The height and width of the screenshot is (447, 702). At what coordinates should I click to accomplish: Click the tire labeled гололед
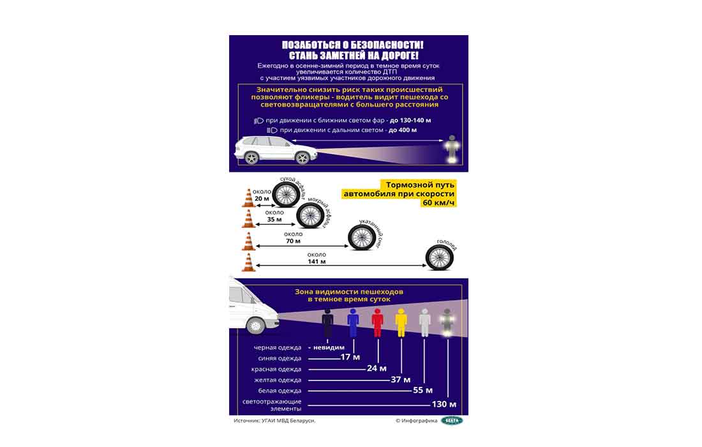tap(439, 257)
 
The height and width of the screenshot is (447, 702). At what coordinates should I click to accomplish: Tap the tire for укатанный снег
tap(361, 237)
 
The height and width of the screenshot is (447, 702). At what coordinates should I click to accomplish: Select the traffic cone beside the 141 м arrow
tap(248, 262)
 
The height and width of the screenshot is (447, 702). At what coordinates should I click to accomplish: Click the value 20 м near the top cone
tap(262, 199)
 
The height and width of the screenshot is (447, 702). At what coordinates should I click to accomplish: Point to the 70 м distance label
tap(293, 241)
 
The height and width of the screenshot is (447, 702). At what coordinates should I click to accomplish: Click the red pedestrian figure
tap(377, 323)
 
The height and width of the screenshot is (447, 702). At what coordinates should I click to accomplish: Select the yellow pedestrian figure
tap(401, 323)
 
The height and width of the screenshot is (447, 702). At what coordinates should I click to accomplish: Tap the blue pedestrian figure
tap(353, 323)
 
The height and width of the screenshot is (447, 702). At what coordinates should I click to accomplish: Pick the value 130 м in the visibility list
tap(444, 404)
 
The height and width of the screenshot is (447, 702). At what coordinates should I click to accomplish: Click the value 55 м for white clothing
tap(422, 390)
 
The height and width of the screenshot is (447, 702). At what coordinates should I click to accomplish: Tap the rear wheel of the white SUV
tap(251, 157)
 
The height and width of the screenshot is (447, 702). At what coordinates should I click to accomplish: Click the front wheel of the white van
tap(255, 326)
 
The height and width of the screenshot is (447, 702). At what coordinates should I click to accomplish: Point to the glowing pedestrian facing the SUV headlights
tap(452, 148)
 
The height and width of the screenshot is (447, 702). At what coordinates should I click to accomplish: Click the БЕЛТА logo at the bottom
tap(452, 420)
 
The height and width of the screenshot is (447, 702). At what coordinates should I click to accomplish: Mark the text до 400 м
tap(403, 130)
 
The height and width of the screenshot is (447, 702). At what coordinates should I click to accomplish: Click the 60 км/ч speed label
tap(437, 203)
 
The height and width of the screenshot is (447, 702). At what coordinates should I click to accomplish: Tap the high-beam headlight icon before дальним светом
tap(272, 130)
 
